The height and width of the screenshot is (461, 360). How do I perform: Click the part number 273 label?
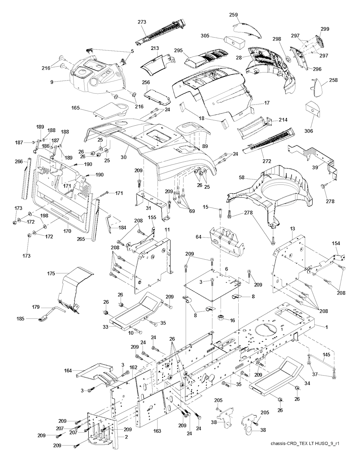pyautogui.click(x=142, y=22)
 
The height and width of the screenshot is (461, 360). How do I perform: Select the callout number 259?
pyautogui.click(x=234, y=15)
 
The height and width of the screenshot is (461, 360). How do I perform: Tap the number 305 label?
pyautogui.click(x=216, y=36)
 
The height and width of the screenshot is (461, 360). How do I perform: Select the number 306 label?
pyautogui.click(x=309, y=131)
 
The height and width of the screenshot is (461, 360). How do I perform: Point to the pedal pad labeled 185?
pyautogui.click(x=44, y=318)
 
